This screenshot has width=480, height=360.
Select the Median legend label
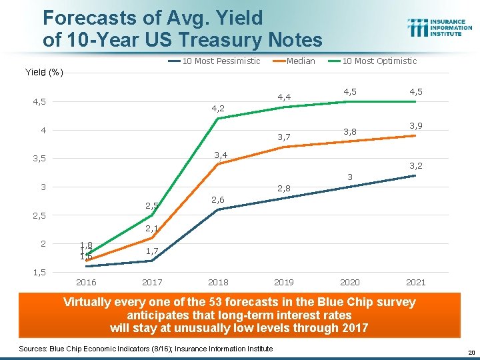(x=300, y=61)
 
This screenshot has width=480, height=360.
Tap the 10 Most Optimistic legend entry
(x=379, y=61)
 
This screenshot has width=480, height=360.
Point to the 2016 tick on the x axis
(x=87, y=282)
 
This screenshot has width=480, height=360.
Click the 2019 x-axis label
(x=284, y=282)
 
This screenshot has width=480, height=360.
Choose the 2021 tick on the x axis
(x=415, y=282)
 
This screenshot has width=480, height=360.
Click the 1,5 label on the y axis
(x=41, y=272)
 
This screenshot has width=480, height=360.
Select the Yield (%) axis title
(x=44, y=73)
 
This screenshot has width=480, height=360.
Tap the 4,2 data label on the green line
(x=218, y=107)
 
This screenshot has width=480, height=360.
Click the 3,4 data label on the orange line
(x=220, y=155)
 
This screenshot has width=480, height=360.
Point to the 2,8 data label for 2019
(x=284, y=189)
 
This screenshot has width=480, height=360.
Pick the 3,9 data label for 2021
(x=415, y=126)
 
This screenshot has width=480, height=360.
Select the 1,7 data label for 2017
(x=152, y=251)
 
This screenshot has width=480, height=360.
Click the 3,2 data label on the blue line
(x=415, y=165)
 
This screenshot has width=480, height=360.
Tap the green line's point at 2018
(x=218, y=119)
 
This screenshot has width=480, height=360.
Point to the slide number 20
(x=469, y=352)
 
